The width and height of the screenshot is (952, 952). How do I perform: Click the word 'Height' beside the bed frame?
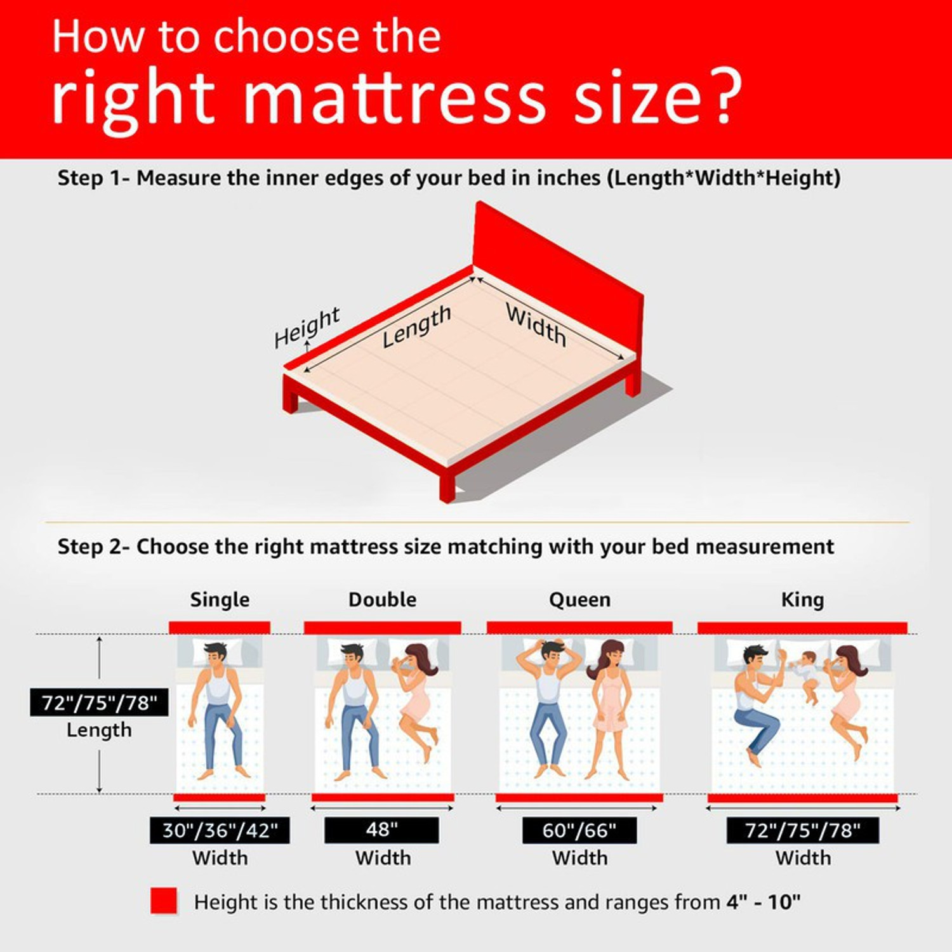[x=307, y=327]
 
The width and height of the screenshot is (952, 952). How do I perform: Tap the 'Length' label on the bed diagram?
[x=416, y=326]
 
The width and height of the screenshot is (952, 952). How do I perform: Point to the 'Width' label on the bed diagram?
[x=536, y=324]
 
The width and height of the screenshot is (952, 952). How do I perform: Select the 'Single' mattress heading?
[x=220, y=600]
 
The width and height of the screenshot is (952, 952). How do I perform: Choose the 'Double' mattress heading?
[x=382, y=600]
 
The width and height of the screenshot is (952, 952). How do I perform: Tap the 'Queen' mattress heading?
[x=579, y=600]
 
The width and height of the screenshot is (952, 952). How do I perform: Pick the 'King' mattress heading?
[x=802, y=600]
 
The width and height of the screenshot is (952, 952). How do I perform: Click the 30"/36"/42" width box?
[x=220, y=830]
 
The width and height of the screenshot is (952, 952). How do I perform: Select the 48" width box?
[x=381, y=830]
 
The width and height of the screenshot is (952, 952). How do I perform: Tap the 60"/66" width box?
[x=579, y=830]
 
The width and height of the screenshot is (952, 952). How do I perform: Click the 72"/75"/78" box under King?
[x=802, y=830]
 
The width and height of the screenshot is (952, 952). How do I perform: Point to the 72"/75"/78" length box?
[x=99, y=703]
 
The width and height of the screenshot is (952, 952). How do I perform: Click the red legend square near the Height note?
[x=164, y=901]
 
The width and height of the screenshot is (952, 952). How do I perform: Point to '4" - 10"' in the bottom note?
[x=763, y=902]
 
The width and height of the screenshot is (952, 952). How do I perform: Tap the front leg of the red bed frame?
[x=447, y=486]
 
